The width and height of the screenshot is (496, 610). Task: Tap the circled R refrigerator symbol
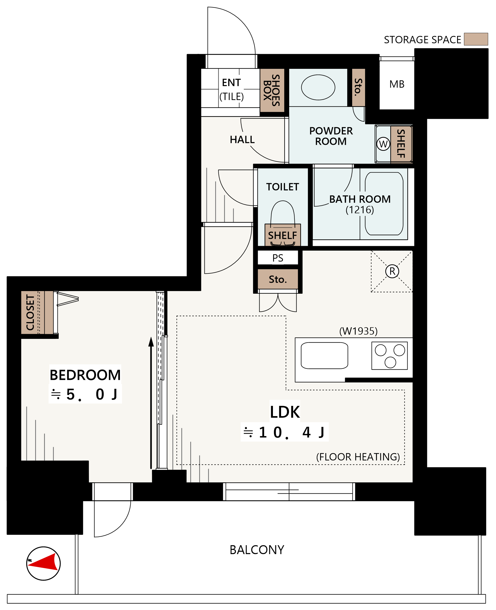pyautogui.click(x=392, y=271)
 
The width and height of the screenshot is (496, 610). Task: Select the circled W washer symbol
pyautogui.click(x=383, y=144)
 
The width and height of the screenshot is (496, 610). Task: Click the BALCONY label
pyautogui.click(x=257, y=550)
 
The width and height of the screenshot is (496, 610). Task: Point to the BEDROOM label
pyautogui.click(x=85, y=375)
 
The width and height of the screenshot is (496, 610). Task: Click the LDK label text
pyautogui.click(x=285, y=412)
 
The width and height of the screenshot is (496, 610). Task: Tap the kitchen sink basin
pyautogui.click(x=324, y=355)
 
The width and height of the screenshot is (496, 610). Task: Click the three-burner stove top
pyautogui.click(x=389, y=355)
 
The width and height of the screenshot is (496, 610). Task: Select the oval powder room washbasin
pyautogui.click(x=318, y=87)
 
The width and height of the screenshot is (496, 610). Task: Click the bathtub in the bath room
pyautogui.click(x=384, y=203)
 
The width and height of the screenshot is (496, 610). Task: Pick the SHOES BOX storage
pyautogui.click(x=272, y=90)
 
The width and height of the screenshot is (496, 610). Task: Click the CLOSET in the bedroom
pyautogui.click(x=37, y=312)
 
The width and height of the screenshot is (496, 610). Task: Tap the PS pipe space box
pyautogui.click(x=278, y=258)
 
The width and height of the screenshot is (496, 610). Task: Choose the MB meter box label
pyautogui.click(x=397, y=84)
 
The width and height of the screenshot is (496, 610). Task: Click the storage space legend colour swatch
pyautogui.click(x=476, y=39)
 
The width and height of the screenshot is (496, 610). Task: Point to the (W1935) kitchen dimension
pyautogui.click(x=358, y=331)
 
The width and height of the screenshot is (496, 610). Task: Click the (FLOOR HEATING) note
pyautogui.click(x=358, y=457)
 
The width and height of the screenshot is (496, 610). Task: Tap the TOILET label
pyautogui.click(x=283, y=187)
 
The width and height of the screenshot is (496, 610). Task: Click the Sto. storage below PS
pyautogui.click(x=278, y=279)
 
